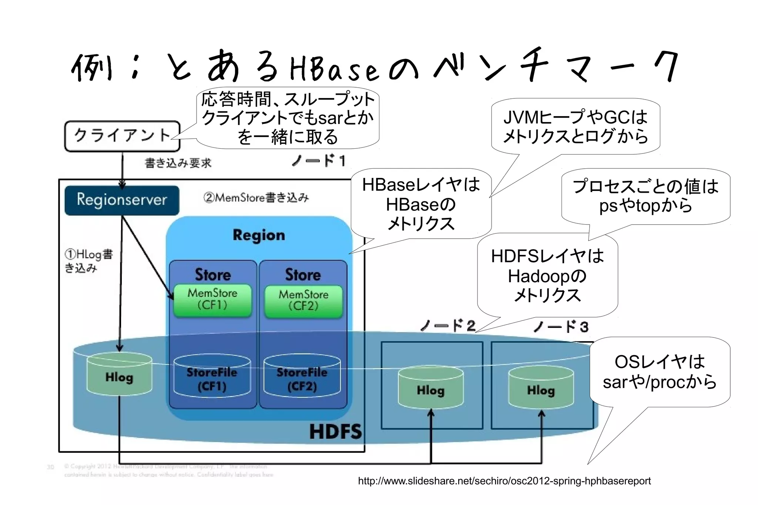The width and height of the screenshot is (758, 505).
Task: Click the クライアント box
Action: pyautogui.click(x=122, y=136)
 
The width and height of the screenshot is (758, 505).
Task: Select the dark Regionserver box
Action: pyautogui.click(x=122, y=200)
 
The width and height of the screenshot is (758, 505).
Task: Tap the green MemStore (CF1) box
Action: pyautogui.click(x=212, y=300)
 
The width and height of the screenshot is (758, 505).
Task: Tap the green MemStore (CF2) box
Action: pyautogui.click(x=303, y=301)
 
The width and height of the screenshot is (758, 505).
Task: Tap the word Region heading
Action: pyautogui.click(x=259, y=235)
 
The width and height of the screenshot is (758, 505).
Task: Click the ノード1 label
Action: pyautogui.click(x=319, y=161)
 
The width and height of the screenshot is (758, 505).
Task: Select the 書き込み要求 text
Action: pyautogui.click(x=178, y=163)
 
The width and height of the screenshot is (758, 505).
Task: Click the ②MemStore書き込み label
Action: pyautogui.click(x=256, y=198)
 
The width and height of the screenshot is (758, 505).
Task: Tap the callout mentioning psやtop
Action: pyautogui.click(x=645, y=196)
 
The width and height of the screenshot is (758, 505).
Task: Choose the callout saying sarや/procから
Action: pyautogui.click(x=660, y=372)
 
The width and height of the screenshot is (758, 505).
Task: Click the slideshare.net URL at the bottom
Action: pyautogui.click(x=504, y=481)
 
